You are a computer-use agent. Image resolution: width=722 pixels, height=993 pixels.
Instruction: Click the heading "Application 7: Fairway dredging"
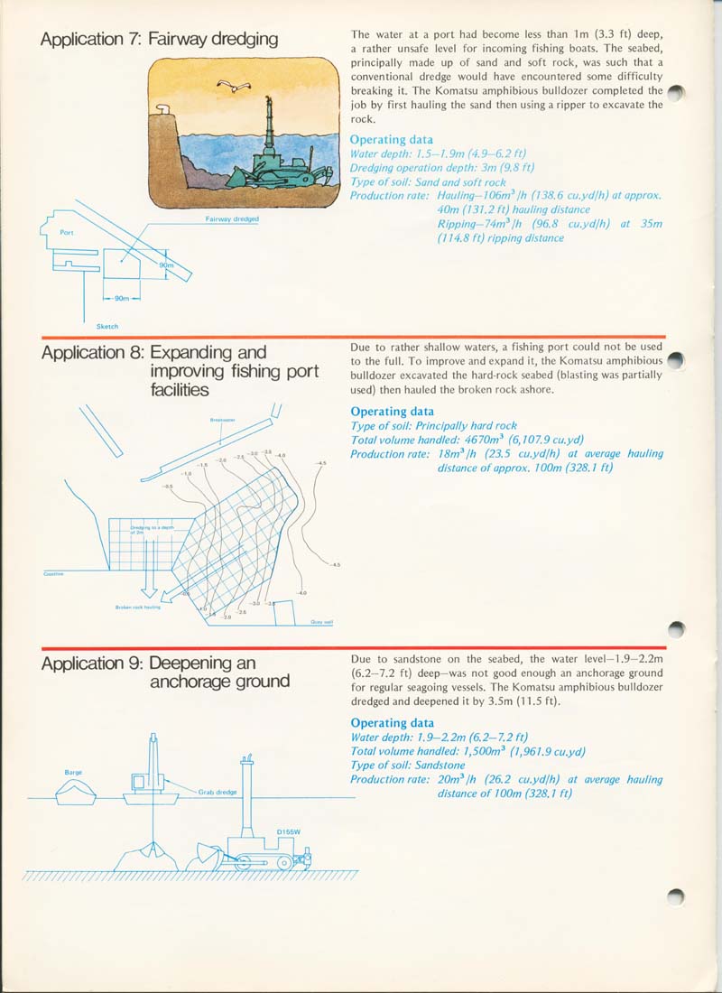tap(160, 39)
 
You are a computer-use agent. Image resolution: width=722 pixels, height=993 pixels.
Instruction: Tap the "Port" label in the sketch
tap(67, 232)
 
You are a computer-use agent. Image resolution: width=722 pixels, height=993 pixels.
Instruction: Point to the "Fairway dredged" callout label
tap(233, 219)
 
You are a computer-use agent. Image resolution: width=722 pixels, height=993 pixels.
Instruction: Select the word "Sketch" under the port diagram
tap(106, 326)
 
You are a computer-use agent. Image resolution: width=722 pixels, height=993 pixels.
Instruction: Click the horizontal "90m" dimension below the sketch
tap(123, 298)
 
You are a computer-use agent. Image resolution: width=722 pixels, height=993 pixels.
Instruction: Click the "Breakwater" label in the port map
tap(222, 420)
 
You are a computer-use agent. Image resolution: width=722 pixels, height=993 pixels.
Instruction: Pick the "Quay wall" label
tap(322, 621)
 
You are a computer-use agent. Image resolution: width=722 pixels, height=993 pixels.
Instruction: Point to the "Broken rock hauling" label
tap(137, 607)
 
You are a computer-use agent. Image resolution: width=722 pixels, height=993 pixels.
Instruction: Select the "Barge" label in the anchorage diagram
tap(74, 772)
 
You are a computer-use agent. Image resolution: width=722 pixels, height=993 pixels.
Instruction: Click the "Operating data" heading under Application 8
tap(392, 412)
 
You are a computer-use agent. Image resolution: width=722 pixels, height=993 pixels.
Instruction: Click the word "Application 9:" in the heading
tap(92, 664)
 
